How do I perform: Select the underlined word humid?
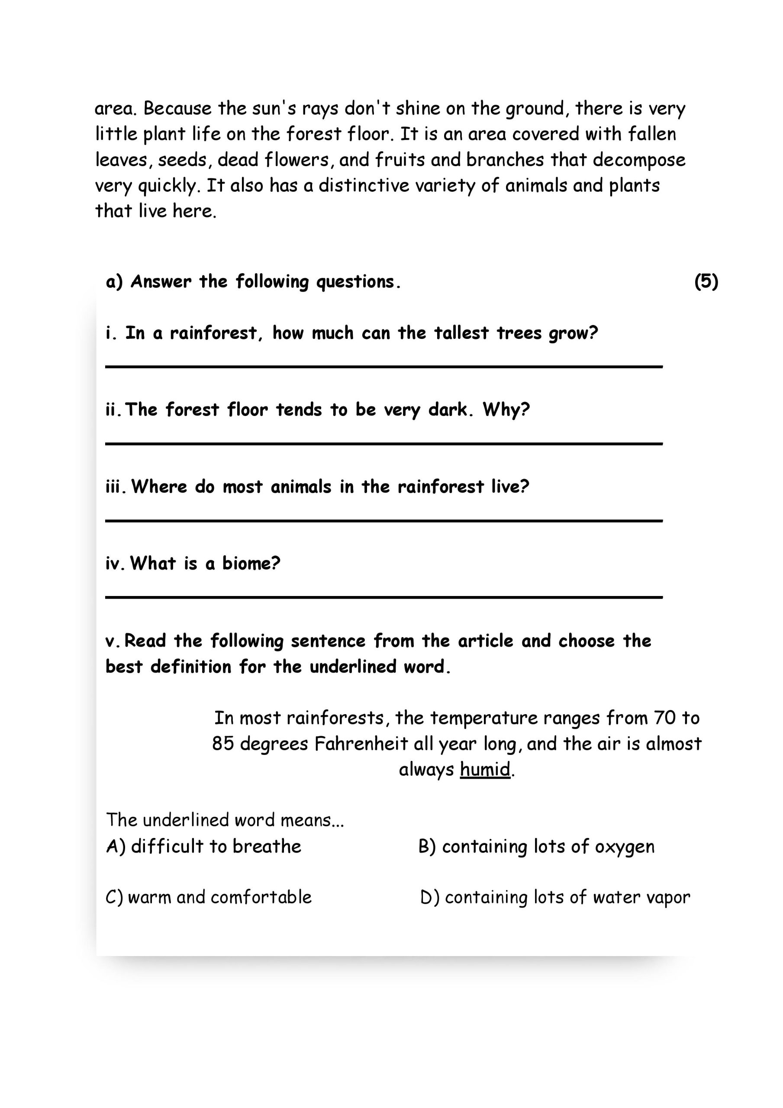(x=485, y=769)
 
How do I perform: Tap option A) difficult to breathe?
(x=204, y=846)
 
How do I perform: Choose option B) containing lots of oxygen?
(x=536, y=847)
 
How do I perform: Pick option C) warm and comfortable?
(x=209, y=897)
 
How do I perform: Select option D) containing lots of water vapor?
(x=555, y=897)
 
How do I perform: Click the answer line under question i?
(x=384, y=367)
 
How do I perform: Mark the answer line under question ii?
(x=384, y=444)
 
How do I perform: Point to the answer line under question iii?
(x=384, y=521)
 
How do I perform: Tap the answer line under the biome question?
(x=384, y=597)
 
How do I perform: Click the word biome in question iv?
(x=251, y=563)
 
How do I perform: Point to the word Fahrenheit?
(x=361, y=744)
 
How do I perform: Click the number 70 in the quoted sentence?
(x=665, y=718)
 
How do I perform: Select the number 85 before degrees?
(x=222, y=744)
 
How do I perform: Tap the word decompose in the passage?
(x=639, y=160)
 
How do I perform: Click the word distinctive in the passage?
(x=364, y=185)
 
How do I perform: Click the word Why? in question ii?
(x=506, y=410)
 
